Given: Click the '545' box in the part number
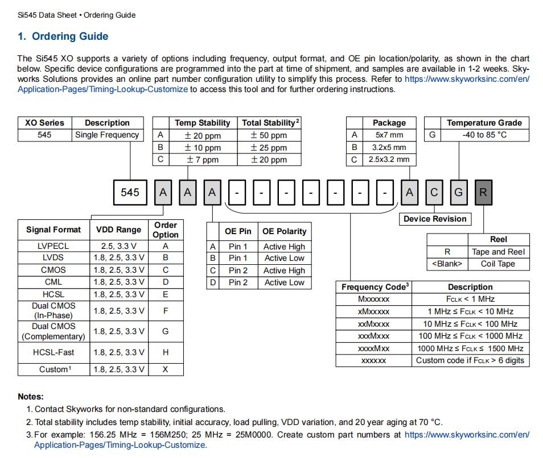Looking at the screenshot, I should pyautogui.click(x=130, y=193).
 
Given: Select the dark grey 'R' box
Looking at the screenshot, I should pyautogui.click(x=483, y=193).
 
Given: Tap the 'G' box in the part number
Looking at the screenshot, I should pyautogui.click(x=458, y=193).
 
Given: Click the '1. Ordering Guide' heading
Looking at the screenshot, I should pyautogui.click(x=63, y=36).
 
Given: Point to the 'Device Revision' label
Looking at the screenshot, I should pyautogui.click(x=435, y=219).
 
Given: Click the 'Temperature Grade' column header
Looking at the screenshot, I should pyautogui.click(x=484, y=123).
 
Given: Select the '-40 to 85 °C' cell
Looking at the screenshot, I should pyautogui.click(x=484, y=135).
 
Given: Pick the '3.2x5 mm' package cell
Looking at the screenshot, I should pyautogui.click(x=389, y=147).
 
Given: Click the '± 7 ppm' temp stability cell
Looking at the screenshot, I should pyautogui.click(x=202, y=160).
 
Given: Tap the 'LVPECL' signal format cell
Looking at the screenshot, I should pyautogui.click(x=54, y=247).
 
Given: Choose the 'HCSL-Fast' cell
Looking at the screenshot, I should pyautogui.click(x=54, y=352).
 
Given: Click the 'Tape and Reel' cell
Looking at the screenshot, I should pyautogui.click(x=498, y=252).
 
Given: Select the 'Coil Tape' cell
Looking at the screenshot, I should pyautogui.click(x=498, y=264).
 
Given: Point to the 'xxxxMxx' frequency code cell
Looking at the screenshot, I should pyautogui.click(x=373, y=348).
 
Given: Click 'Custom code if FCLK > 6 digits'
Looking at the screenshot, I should pyautogui.click(x=470, y=360).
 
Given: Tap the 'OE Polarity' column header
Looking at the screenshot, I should pyautogui.click(x=284, y=231).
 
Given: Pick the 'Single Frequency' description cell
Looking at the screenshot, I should pyautogui.click(x=107, y=135).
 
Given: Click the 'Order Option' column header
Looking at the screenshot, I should pyautogui.click(x=166, y=230).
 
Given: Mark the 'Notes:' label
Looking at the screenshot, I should pyautogui.click(x=31, y=397).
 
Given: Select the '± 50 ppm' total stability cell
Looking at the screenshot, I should pyautogui.click(x=269, y=135).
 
